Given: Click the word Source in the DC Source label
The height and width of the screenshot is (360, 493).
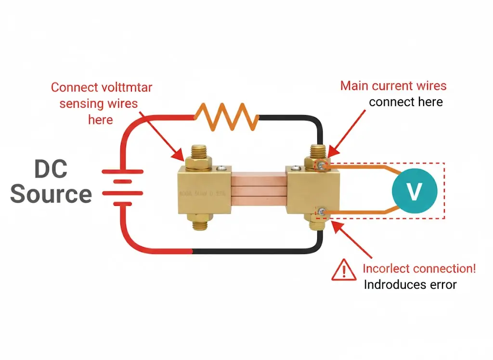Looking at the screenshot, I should click(51, 194).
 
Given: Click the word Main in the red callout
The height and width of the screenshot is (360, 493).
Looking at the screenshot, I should click(352, 86).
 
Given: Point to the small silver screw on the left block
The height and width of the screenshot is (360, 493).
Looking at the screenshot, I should click(222, 168).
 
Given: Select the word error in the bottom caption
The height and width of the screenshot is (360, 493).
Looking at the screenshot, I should click(441, 284).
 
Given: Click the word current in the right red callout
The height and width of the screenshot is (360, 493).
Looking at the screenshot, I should click(392, 86).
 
